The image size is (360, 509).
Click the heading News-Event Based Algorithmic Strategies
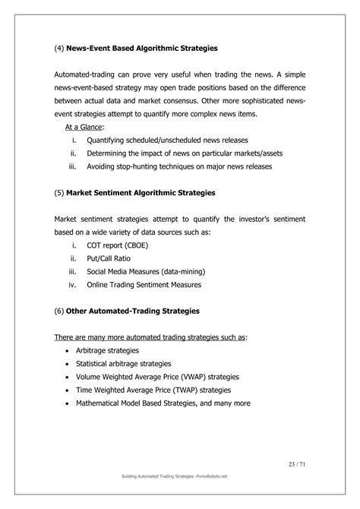(144, 49)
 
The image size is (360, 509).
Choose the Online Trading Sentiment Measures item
(144, 285)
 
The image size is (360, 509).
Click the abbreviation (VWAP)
(194, 377)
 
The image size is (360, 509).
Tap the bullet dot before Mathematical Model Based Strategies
(68, 403)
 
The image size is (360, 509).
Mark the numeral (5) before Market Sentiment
(60, 193)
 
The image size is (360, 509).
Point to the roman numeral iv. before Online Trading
(71, 285)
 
